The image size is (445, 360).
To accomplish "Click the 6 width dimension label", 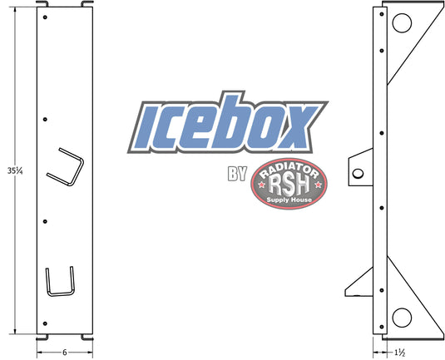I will click(x=64, y=351).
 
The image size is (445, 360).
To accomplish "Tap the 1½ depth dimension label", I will click(x=400, y=351).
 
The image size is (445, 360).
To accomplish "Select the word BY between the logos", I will click(x=235, y=175).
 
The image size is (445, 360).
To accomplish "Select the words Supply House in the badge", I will click(x=289, y=201).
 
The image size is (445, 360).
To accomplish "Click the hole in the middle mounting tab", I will click(x=357, y=173).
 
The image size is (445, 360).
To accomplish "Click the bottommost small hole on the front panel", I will click(x=47, y=323).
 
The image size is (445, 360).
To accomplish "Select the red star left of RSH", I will click(x=265, y=184).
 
